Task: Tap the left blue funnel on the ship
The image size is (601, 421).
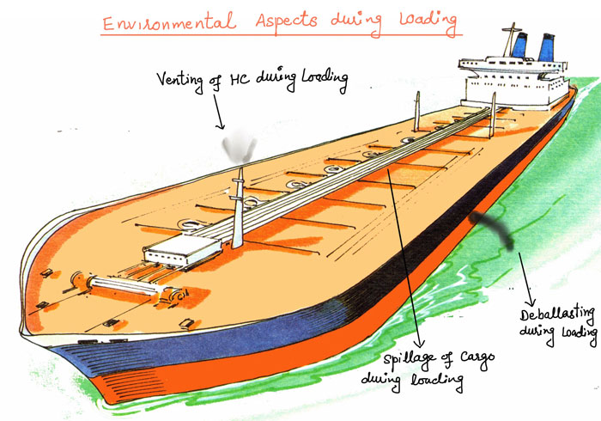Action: coord(519,44)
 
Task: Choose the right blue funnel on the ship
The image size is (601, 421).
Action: coord(548,46)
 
